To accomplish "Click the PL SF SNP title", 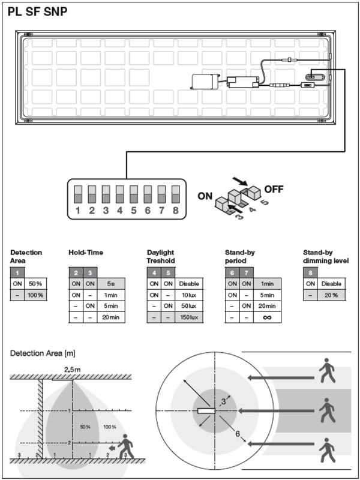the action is tap(37, 12).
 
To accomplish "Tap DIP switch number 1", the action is tap(78, 194).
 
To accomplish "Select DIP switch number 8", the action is tap(175, 194).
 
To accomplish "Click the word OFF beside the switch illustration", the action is tap(274, 189).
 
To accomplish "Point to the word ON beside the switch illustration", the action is tap(205, 196).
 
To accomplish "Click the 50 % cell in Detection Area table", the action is tap(35, 284).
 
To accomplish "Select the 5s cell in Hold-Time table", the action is tap(111, 284).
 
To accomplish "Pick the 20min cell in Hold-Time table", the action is tap(111, 317).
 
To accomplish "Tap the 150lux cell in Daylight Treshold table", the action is tap(189, 317).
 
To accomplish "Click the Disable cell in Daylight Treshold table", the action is tap(189, 284).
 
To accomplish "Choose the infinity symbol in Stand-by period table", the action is tap(267, 317).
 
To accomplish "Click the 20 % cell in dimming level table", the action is tap(332, 295).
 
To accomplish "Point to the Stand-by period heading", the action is tap(240, 257).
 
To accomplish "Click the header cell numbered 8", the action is tap(310, 273).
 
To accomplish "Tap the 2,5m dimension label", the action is tap(72, 370).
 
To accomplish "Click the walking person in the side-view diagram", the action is tap(126, 446).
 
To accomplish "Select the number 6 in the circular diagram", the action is tap(238, 434).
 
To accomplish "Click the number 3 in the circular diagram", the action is tap(223, 402).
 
